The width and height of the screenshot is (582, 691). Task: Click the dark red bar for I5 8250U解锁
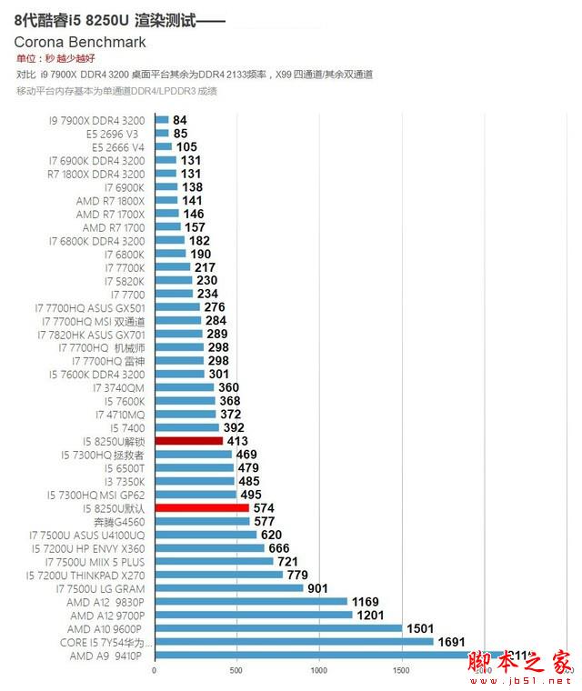[189, 441]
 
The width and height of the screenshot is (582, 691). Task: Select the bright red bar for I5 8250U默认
[202, 508]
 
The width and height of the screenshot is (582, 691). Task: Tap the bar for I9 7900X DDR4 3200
[162, 120]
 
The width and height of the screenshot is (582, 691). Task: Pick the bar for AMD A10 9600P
[278, 628]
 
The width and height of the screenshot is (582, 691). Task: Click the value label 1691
[452, 642]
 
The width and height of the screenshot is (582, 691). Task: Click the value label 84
[180, 120]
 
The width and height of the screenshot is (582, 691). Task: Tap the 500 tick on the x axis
[236, 670]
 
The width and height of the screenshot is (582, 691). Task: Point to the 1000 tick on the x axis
[318, 670]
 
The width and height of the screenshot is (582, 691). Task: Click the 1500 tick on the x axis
[400, 670]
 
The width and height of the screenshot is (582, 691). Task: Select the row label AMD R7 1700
[113, 227]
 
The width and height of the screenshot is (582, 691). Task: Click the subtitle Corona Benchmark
[80, 42]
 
